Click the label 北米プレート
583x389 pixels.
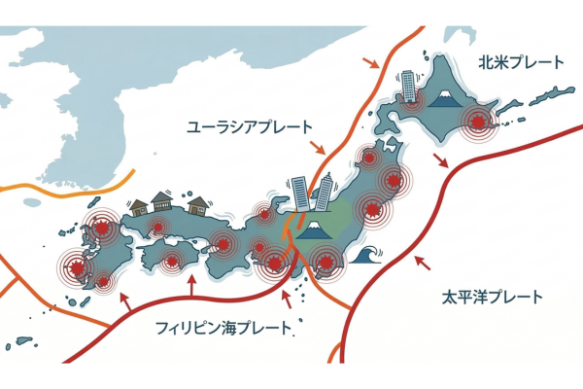point(520,63)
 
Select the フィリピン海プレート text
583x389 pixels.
point(223,329)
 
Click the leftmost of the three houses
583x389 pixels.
point(138,206)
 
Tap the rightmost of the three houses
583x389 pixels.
point(198,204)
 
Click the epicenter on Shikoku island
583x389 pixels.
point(173,260)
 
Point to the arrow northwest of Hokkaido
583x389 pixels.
point(371,63)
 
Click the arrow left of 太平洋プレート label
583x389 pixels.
point(422,262)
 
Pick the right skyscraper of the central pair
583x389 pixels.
point(325,191)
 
